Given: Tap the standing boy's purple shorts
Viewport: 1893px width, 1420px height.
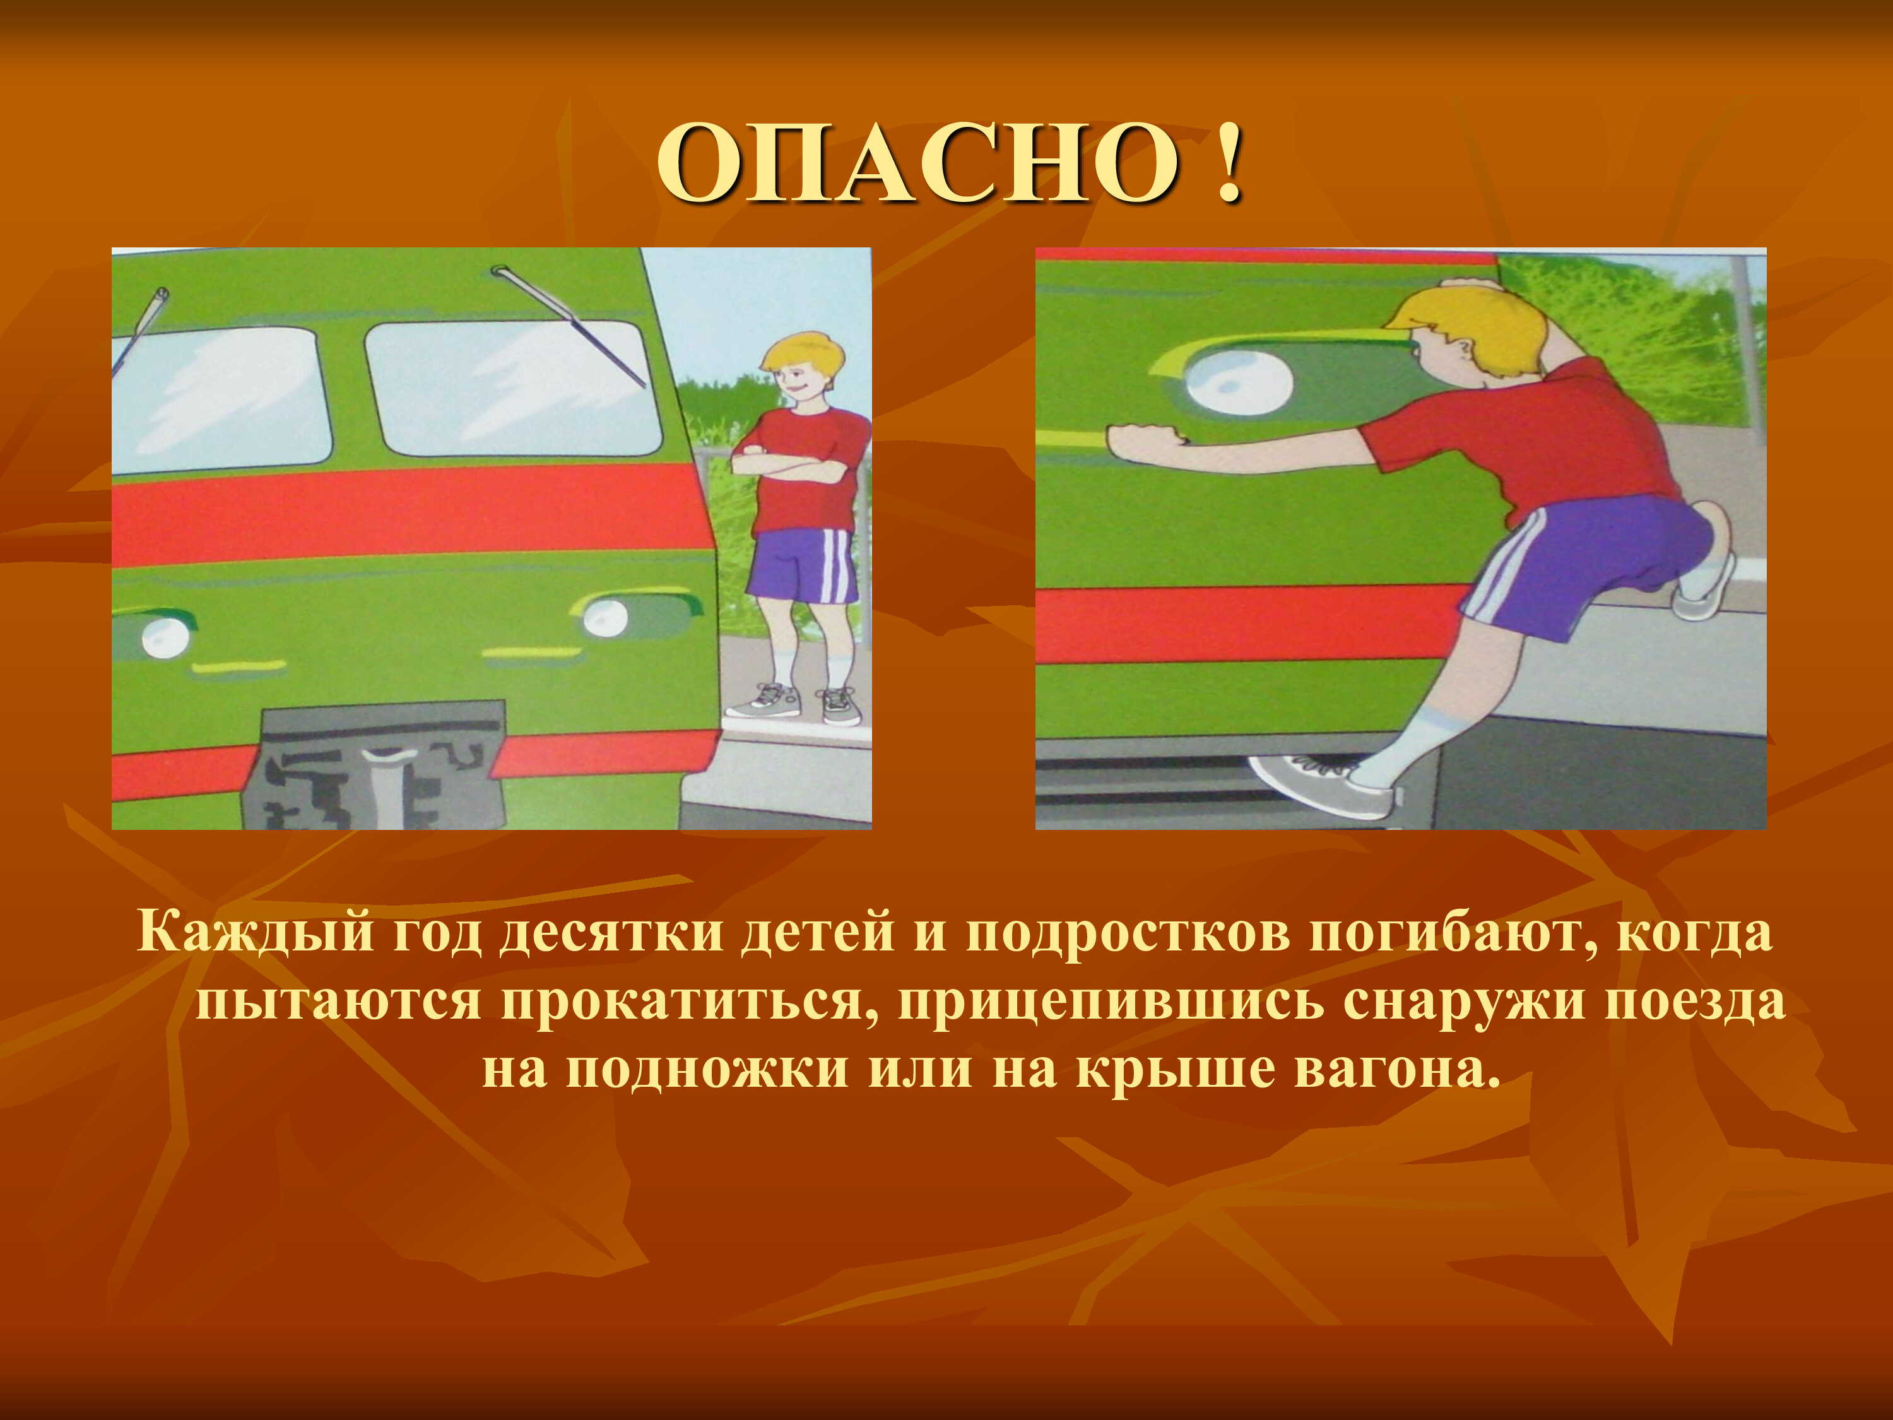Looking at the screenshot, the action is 802,565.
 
